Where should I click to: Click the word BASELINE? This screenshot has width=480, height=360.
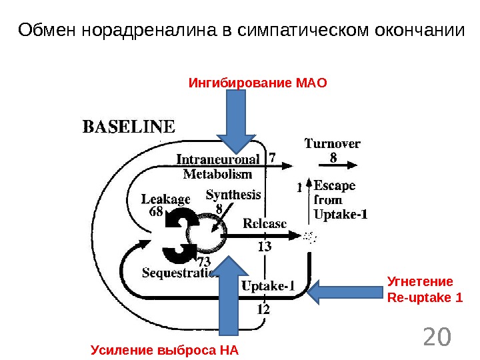tap(129, 127)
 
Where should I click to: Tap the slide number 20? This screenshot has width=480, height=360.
tap(437, 338)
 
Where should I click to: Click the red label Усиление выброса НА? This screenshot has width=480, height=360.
tap(165, 350)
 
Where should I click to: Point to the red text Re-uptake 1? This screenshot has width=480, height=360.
tap(425, 297)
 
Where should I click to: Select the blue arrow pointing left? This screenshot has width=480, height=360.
tap(345, 291)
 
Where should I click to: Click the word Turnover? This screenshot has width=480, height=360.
tap(333, 143)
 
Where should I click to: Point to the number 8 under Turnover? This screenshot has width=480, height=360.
tap(333, 158)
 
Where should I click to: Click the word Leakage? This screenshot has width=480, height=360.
tap(165, 199)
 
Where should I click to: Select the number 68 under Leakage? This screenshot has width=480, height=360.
tap(156, 212)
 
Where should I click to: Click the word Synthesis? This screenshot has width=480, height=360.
tap(233, 195)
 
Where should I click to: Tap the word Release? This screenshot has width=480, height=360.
tap(265, 223)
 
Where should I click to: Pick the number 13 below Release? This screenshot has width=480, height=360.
tap(265, 247)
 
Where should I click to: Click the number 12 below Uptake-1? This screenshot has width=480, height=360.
tap(263, 309)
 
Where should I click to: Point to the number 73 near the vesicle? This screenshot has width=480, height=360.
tap(203, 261)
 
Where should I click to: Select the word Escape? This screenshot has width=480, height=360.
tap(334, 185)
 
